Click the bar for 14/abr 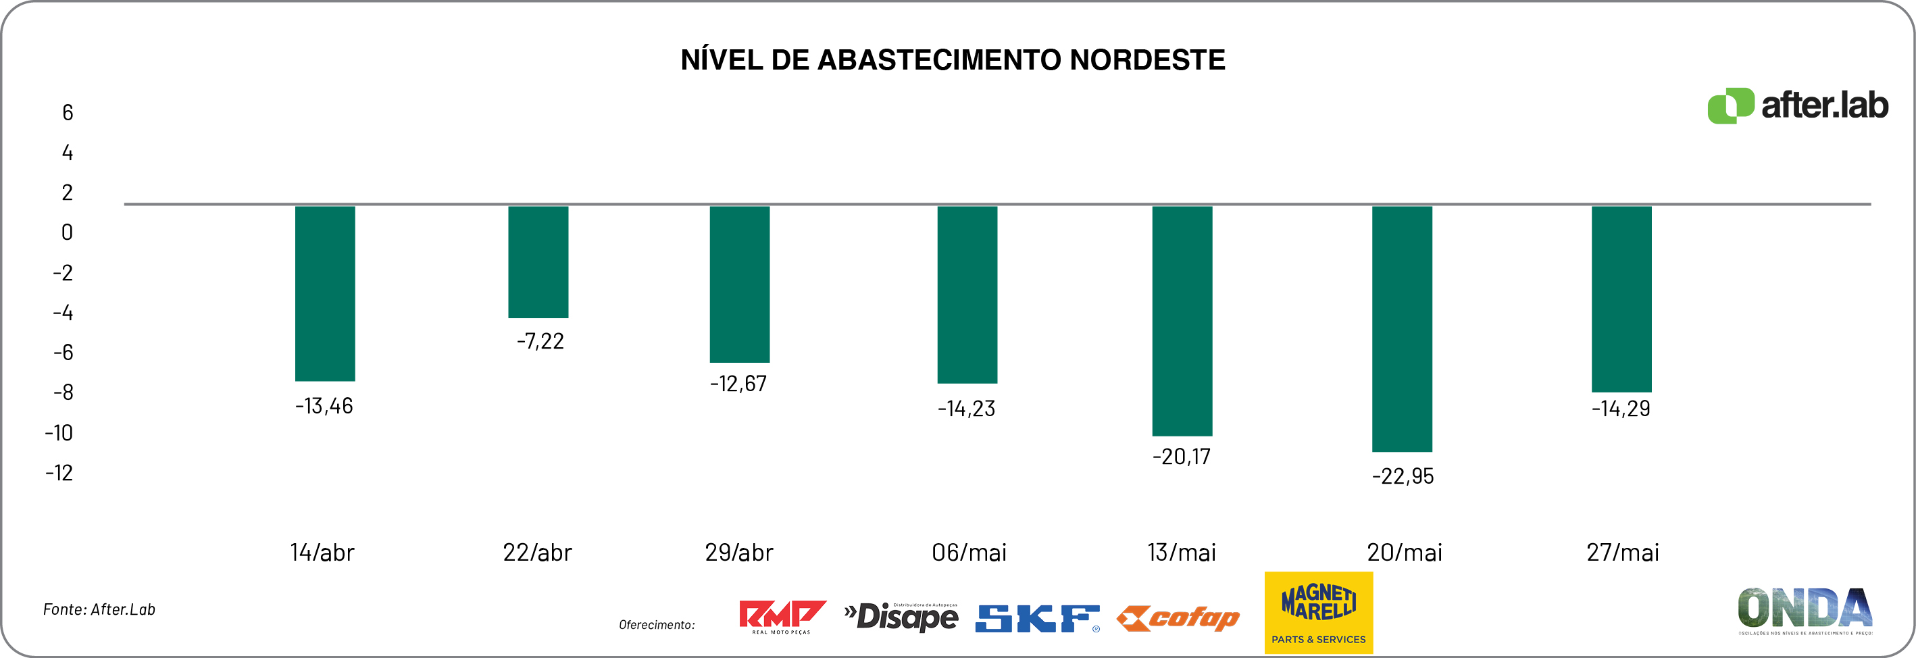tap(325, 293)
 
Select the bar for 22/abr tap(538, 261)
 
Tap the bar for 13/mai tap(1182, 320)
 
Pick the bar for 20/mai tap(1401, 328)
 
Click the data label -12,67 tap(738, 384)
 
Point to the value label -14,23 tap(965, 408)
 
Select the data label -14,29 tap(1620, 408)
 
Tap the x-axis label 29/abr tap(738, 553)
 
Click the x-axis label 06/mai tap(968, 553)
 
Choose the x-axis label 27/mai tap(1622, 553)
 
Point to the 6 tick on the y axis tap(68, 113)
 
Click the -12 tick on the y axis tap(59, 473)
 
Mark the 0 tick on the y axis tap(67, 232)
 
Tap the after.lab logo tap(1797, 105)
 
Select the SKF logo tap(1037, 618)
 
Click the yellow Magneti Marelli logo tap(1318, 613)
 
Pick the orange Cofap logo tap(1178, 618)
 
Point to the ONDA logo tap(1805, 609)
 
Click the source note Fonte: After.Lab tap(99, 609)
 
